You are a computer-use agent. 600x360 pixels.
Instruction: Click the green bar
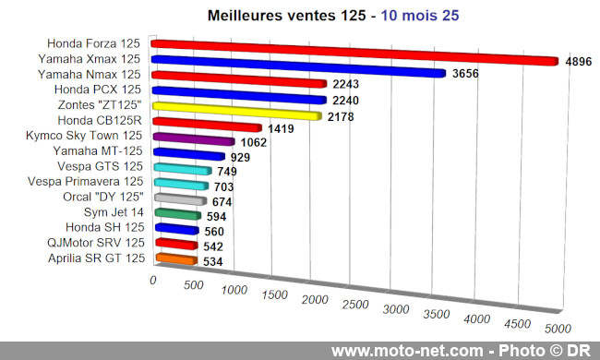[177, 214]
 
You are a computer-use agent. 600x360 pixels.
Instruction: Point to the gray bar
[180, 198]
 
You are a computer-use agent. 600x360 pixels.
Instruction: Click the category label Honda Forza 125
[96, 42]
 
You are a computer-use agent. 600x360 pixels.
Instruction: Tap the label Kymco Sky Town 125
[87, 136]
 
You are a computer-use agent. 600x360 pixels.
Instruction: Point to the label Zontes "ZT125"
[102, 104]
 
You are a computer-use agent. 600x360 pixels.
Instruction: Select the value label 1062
[252, 143]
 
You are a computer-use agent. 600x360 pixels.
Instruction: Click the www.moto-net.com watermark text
[407, 351]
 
